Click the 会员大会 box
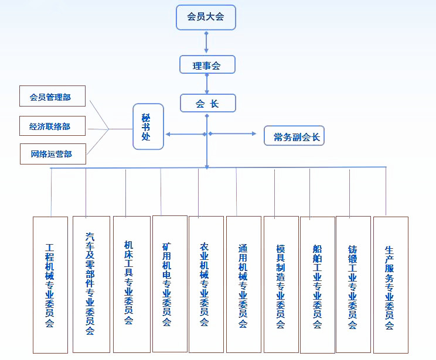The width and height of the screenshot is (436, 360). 206,17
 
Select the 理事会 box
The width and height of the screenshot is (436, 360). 207,65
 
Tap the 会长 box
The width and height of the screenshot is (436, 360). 207,104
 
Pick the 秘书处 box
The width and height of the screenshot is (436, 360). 148,126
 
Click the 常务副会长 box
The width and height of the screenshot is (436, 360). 294,136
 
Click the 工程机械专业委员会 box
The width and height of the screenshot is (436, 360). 50,285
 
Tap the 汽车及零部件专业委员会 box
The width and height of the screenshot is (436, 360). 91,284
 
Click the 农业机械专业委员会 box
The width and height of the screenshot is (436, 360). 206,284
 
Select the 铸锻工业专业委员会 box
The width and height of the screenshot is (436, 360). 353,284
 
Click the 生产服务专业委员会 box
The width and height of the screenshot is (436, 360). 390,284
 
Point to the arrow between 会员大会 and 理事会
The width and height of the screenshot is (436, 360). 206,42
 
